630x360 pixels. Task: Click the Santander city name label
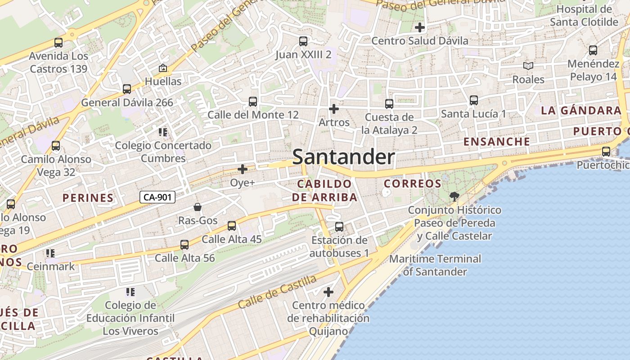(x=344, y=157)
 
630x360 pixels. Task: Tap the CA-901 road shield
(x=157, y=197)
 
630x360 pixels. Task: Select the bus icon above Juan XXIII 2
(x=303, y=41)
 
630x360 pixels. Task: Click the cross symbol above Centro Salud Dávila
(x=420, y=27)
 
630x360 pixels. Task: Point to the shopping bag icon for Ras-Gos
(x=198, y=207)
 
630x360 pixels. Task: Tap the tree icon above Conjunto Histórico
(x=454, y=196)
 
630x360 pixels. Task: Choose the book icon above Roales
(x=528, y=66)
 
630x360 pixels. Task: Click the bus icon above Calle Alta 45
(x=232, y=225)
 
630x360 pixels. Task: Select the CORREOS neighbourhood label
(x=413, y=184)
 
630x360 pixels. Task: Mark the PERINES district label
(x=88, y=198)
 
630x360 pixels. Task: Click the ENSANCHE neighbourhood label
(x=497, y=142)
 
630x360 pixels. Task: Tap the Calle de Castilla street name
(x=277, y=292)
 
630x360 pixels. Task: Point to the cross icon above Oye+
(x=243, y=169)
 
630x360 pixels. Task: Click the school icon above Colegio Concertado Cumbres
(x=163, y=132)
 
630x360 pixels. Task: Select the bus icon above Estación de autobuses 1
(x=339, y=227)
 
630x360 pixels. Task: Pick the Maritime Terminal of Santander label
(x=435, y=265)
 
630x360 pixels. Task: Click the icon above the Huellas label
(x=163, y=68)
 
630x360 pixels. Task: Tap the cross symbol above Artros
(x=334, y=109)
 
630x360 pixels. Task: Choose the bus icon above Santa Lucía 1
(x=474, y=100)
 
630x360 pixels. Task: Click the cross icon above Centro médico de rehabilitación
(x=328, y=292)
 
